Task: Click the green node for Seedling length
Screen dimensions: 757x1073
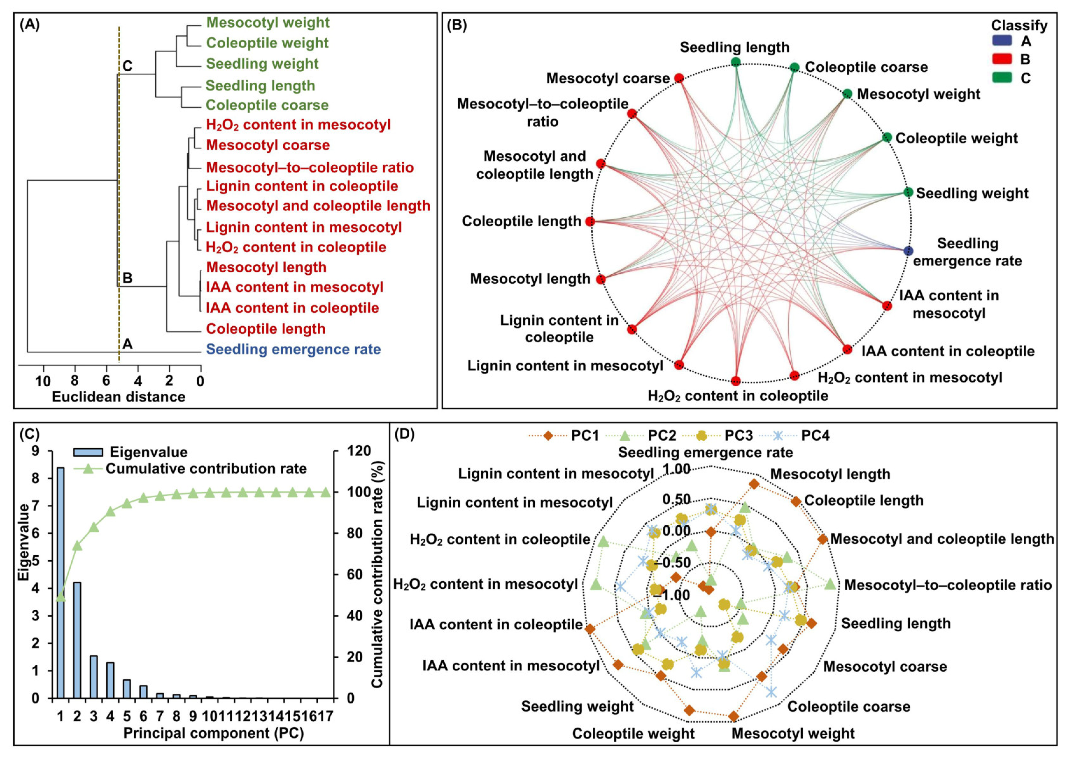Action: coord(736,62)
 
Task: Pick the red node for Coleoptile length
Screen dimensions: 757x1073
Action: coord(590,221)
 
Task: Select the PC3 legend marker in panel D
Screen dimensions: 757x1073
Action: coord(701,436)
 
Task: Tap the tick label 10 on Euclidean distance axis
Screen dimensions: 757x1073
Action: coord(43,381)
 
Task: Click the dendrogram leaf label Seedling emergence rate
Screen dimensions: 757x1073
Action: coord(293,349)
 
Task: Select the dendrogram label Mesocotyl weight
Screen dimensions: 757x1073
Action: coord(268,22)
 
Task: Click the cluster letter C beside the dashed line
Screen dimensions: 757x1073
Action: coord(127,66)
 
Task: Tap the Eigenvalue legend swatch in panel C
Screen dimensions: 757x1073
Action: coord(88,452)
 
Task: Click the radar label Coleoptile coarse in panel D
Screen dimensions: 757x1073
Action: coord(849,706)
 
